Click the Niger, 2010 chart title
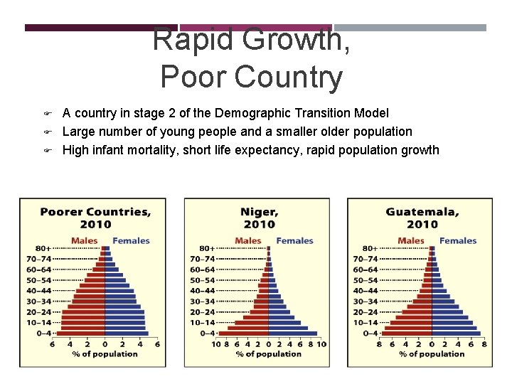(x=259, y=218)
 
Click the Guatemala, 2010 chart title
(x=422, y=218)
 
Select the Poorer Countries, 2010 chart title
(x=95, y=218)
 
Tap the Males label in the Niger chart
(x=247, y=241)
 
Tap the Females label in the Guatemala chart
(x=458, y=241)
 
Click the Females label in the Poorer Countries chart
(x=131, y=241)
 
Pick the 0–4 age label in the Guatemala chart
(x=370, y=333)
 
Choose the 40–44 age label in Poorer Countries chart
(x=39, y=291)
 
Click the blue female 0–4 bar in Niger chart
(x=292, y=333)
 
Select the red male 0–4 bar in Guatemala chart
(x=407, y=333)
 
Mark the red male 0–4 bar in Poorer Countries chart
(x=81, y=333)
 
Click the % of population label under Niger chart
(x=268, y=354)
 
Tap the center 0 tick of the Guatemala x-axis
(x=432, y=344)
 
